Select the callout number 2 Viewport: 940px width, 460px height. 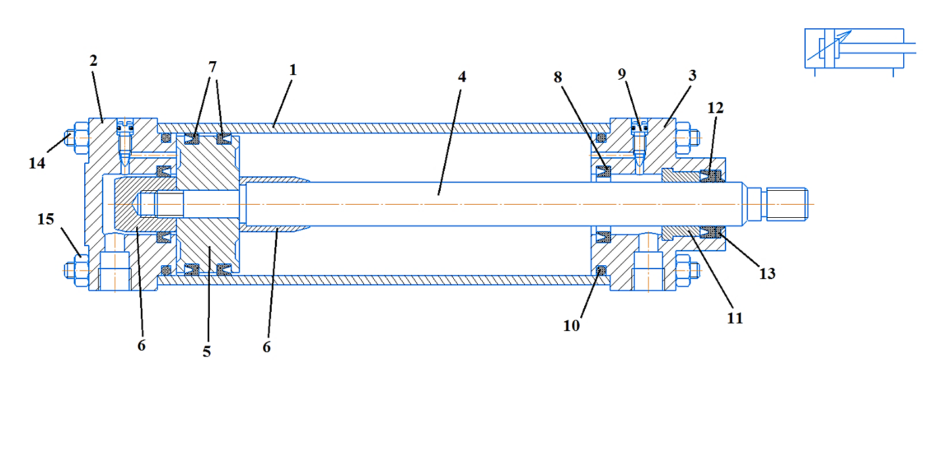(x=93, y=61)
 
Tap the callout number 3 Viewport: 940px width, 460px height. (x=691, y=75)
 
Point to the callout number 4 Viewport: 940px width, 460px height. (x=462, y=76)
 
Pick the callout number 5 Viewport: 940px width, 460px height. (x=207, y=351)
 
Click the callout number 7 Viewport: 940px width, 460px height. (x=212, y=67)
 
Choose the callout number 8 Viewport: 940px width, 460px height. (x=558, y=76)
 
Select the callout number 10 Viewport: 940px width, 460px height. (x=572, y=325)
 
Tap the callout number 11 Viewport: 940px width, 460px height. (x=735, y=318)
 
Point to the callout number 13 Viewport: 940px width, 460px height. (x=768, y=273)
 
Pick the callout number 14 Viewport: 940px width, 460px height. (x=37, y=163)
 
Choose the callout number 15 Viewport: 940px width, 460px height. (x=45, y=220)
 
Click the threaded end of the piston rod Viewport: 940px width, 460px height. (x=787, y=204)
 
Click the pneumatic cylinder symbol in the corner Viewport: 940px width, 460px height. (x=855, y=49)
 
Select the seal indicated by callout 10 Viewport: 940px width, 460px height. (x=600, y=270)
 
